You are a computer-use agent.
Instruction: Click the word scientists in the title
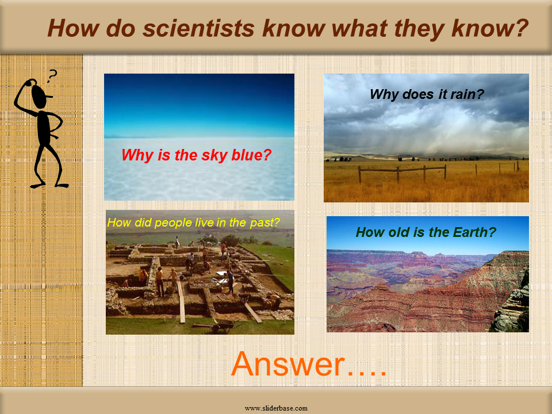coord(198,28)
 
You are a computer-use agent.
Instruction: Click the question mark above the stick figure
coord(52,76)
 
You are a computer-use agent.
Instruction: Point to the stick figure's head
coord(40,96)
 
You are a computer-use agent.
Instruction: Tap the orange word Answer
coord(288,363)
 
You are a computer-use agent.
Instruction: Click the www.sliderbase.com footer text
coord(276,408)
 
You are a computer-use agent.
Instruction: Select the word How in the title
coord(72,28)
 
